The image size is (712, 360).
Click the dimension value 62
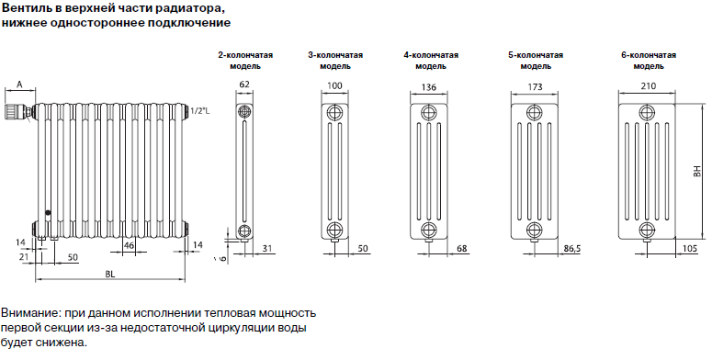click(x=244, y=84)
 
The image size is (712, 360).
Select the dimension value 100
click(x=334, y=85)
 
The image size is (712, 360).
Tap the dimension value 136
click(x=428, y=86)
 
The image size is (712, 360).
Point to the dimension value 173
click(x=535, y=86)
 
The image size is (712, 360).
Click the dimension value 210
click(x=647, y=85)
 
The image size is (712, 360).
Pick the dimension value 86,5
click(x=571, y=249)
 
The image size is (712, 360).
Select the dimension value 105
click(x=690, y=249)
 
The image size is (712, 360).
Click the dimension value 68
click(x=461, y=249)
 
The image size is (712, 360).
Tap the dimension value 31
click(x=267, y=248)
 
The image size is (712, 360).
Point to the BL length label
click(x=110, y=274)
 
